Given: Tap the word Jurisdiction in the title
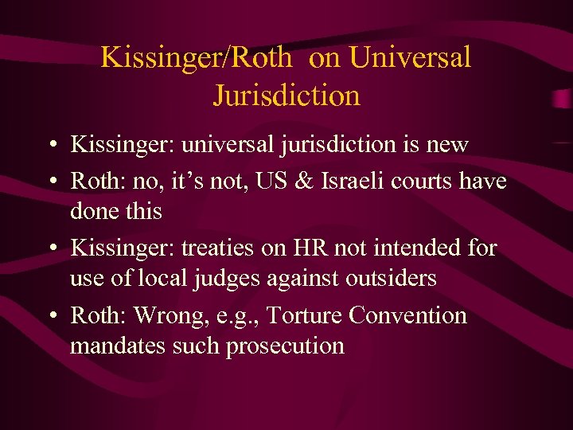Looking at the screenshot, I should pyautogui.click(x=286, y=96).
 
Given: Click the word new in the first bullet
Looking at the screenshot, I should pyautogui.click(x=446, y=146).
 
